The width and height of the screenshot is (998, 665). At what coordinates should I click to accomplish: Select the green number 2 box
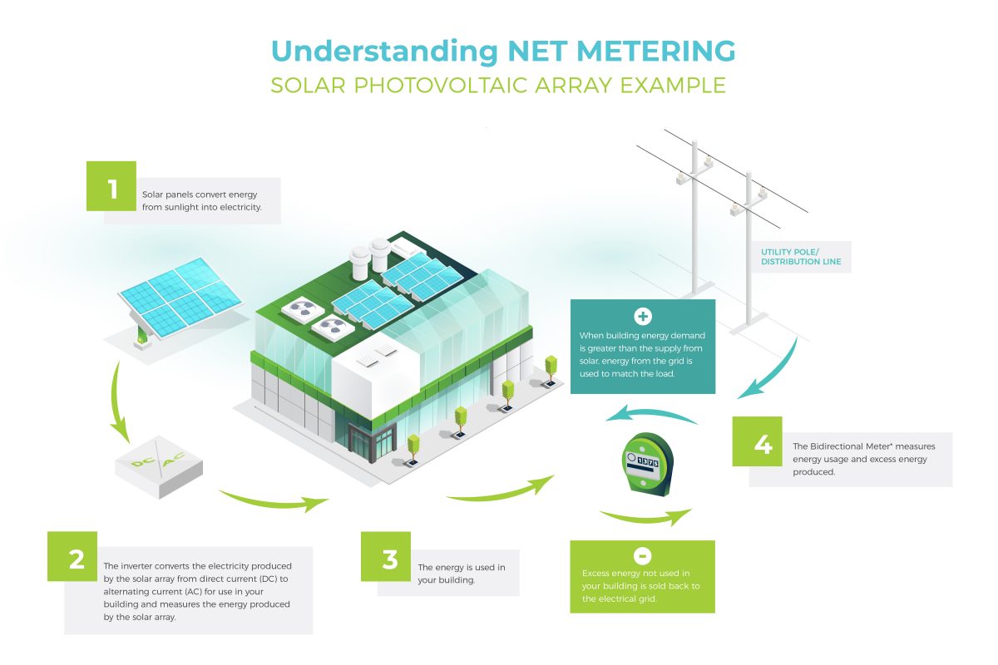(77, 557)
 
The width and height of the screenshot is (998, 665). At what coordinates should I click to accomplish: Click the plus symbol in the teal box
(643, 316)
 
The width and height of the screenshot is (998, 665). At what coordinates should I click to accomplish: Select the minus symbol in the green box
(643, 555)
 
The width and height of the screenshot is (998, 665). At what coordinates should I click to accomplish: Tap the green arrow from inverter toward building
(274, 500)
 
